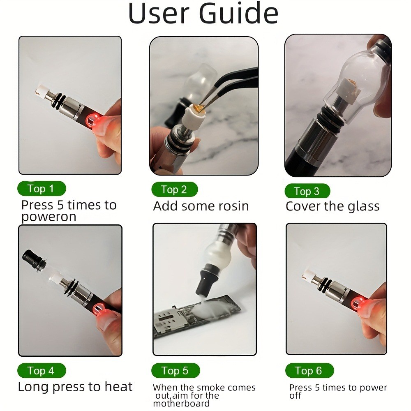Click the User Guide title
[x=203, y=14]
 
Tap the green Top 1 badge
[x=41, y=189]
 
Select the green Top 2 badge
[x=174, y=189]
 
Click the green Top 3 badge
[x=307, y=191]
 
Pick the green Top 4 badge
[x=41, y=371]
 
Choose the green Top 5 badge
[x=175, y=371]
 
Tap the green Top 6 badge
[x=309, y=371]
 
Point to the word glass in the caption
[x=360, y=206]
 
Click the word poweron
[x=48, y=217]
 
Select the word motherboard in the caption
[x=181, y=403]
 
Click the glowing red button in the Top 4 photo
[x=97, y=309]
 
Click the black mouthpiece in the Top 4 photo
[x=31, y=258]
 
